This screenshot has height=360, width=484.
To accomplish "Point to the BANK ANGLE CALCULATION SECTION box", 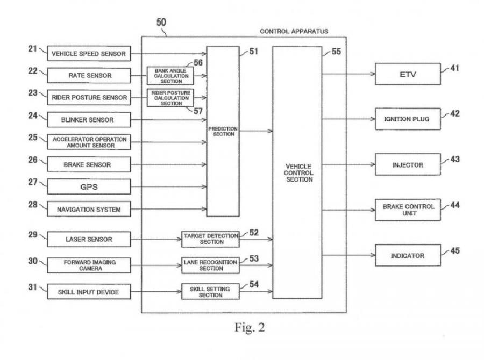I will (x=170, y=75).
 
